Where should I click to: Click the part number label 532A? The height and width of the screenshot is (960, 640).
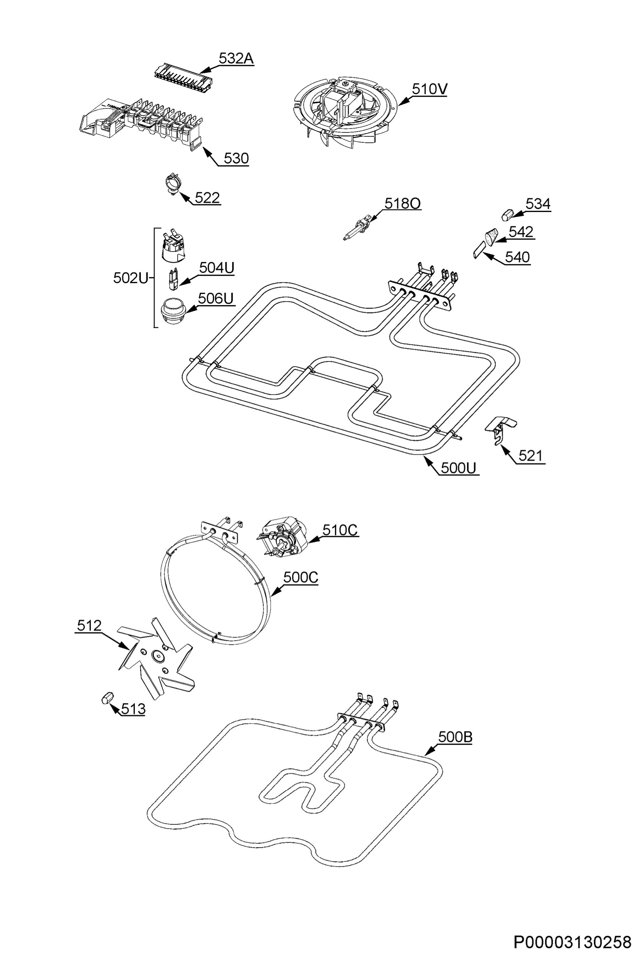pos(236,59)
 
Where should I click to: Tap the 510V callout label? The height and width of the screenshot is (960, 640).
pos(429,89)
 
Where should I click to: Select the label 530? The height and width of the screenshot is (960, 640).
pos(236,158)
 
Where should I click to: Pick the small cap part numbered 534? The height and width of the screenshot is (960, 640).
pos(508,214)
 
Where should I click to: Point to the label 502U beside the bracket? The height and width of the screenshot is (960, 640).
pos(130,278)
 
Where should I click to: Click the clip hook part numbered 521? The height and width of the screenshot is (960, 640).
pos(500,430)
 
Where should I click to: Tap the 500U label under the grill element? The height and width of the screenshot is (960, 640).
pos(458,468)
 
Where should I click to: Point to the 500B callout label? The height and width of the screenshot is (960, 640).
pos(455,737)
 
